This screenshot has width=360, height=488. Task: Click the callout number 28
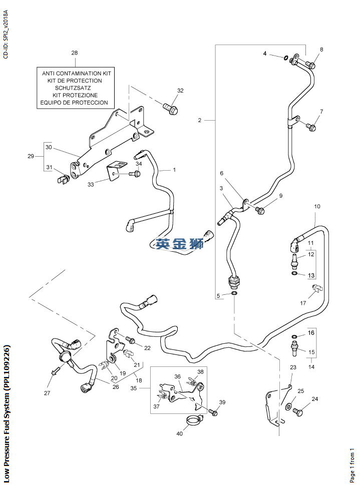[75, 53]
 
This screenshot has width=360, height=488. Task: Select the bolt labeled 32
[170, 107]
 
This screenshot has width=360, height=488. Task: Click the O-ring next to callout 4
[285, 57]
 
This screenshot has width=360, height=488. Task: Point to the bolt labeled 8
[310, 65]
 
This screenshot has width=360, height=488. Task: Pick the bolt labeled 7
[310, 127]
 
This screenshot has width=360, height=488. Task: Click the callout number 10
[317, 206]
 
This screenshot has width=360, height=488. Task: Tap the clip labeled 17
[316, 287]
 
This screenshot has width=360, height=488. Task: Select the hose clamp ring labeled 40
[193, 421]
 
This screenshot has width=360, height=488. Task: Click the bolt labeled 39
[213, 412]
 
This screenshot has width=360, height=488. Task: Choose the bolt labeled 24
[297, 411]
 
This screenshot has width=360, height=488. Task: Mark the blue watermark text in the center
[179, 244]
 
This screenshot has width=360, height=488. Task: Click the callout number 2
[199, 120]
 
